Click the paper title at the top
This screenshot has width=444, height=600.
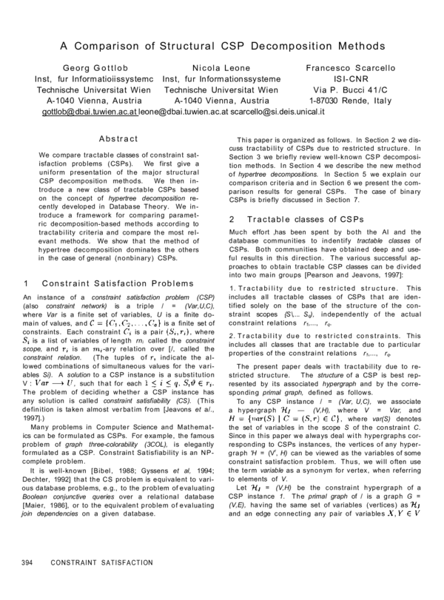pyautogui.click(x=221, y=44)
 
